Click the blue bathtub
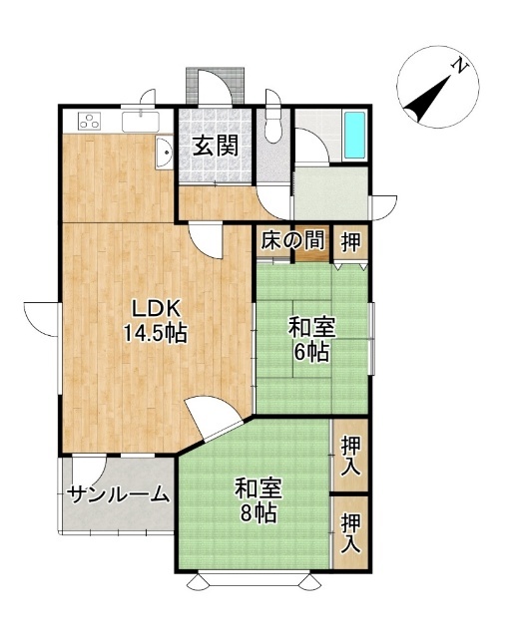pos(354,136)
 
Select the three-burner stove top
pos(90,121)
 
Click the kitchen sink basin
pos(141,122)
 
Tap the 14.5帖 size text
pos(155,334)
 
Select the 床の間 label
pos(292,240)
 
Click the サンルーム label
pos(118,494)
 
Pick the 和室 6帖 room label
pos(311,341)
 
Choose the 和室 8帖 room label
pos(259,500)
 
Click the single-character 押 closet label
pos(351,242)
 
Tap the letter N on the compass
pos(460,66)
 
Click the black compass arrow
pos(428,98)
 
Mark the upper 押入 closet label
pos(351,456)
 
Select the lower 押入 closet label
pos(351,534)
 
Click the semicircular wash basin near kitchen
pos(164,153)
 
